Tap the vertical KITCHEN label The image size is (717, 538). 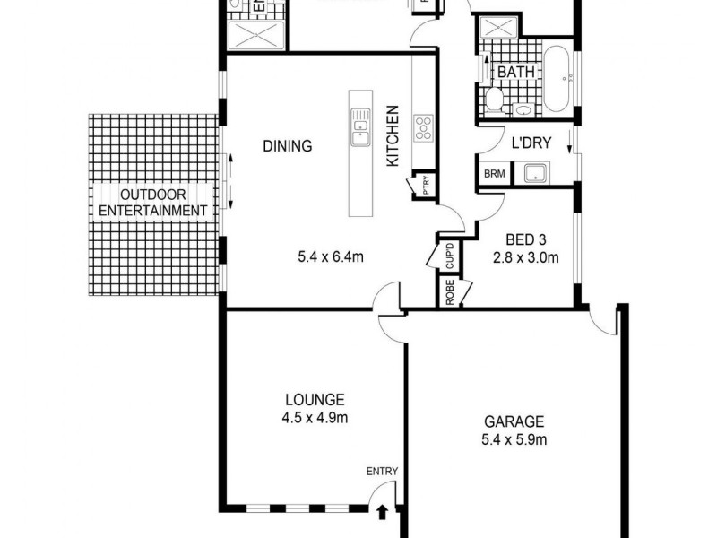pos(392,135)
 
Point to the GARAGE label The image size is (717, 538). pos(514,421)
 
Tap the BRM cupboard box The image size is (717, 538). pos(493,174)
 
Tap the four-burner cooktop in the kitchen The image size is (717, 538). pos(422,128)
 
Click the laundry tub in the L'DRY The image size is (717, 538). pos(537,173)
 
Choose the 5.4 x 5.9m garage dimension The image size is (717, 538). pos(514,439)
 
